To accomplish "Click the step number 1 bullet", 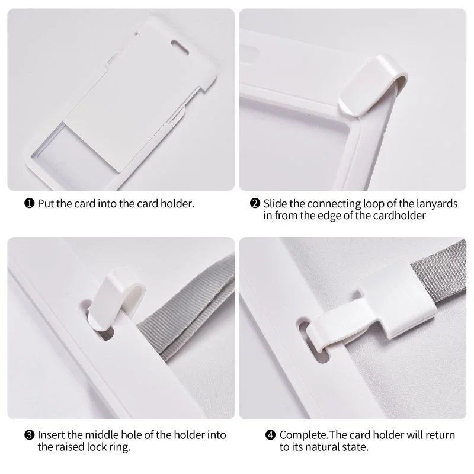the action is coord(29,203).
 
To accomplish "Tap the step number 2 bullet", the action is coord(255,203).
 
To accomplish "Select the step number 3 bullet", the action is coord(29,435).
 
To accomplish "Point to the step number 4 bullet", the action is coord(271,435).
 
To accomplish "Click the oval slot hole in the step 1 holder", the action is coord(180,47).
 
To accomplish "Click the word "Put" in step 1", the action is coord(46,204).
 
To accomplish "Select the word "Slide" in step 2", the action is coord(275,204).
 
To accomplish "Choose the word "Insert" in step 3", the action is coord(52,435).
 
